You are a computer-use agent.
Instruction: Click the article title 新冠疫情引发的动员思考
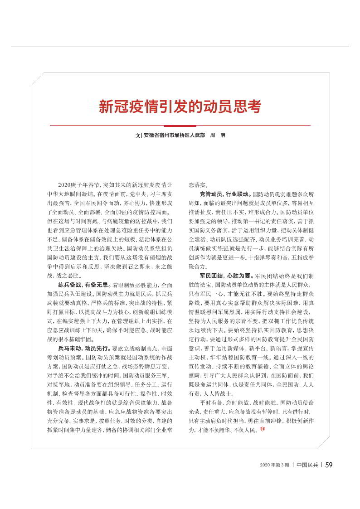click(x=180, y=107)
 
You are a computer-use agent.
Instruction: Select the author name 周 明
click(x=217, y=136)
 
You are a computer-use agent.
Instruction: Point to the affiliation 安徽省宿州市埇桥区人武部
click(x=174, y=136)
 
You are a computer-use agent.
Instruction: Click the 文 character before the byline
click(x=138, y=136)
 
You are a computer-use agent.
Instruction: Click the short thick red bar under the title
click(x=180, y=126)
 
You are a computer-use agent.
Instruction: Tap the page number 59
click(x=329, y=465)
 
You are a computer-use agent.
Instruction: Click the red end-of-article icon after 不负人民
click(x=262, y=429)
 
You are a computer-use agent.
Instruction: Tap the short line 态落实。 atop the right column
click(x=199, y=185)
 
